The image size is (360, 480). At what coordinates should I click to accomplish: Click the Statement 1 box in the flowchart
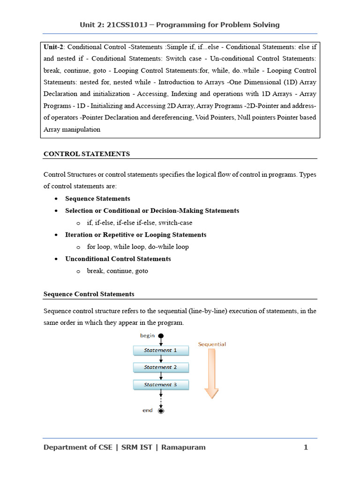(161, 350)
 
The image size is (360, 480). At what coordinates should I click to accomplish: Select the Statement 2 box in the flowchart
(161, 367)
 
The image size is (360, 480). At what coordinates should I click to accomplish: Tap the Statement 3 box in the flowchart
(161, 385)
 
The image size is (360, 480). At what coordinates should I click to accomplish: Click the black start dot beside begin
(161, 336)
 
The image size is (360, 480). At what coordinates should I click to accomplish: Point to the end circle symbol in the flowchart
(161, 411)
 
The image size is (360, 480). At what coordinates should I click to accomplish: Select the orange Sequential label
(212, 344)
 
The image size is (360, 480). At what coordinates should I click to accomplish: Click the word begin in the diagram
(147, 336)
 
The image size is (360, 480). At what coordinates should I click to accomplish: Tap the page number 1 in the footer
(306, 447)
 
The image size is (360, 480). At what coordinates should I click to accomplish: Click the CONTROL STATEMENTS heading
(87, 154)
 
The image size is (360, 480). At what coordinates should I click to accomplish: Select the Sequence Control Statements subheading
(89, 294)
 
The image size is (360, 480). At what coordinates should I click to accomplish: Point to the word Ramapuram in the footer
(183, 447)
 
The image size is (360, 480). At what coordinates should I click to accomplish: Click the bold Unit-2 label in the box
(53, 47)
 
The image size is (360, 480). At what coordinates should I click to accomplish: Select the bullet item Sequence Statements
(97, 199)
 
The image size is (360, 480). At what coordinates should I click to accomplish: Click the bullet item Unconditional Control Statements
(118, 259)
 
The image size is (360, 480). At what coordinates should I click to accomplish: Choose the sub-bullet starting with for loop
(138, 247)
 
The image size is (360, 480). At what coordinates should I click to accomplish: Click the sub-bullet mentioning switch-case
(139, 223)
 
